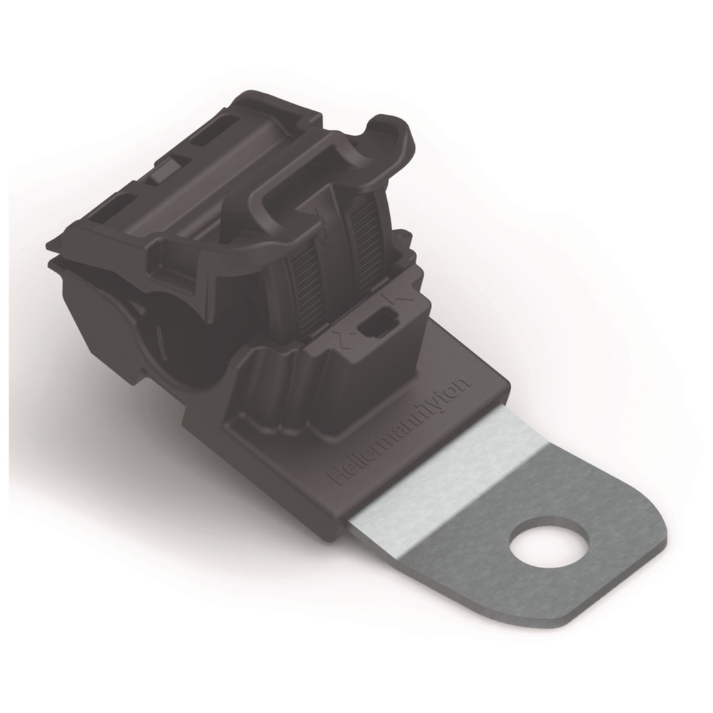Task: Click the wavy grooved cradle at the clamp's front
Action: pos(278,392)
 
